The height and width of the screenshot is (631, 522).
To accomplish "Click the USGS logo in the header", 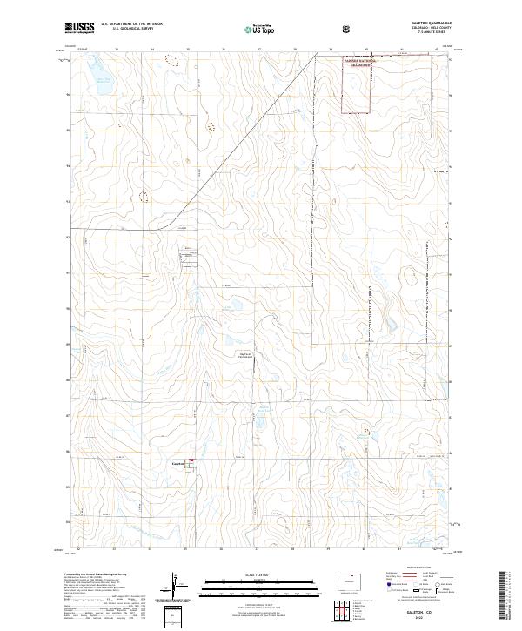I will (79, 28).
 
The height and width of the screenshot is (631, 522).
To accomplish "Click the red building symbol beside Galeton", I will (191, 462).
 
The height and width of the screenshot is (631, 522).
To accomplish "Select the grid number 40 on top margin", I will (365, 50).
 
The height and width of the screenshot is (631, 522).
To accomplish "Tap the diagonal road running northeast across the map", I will (244, 139).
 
